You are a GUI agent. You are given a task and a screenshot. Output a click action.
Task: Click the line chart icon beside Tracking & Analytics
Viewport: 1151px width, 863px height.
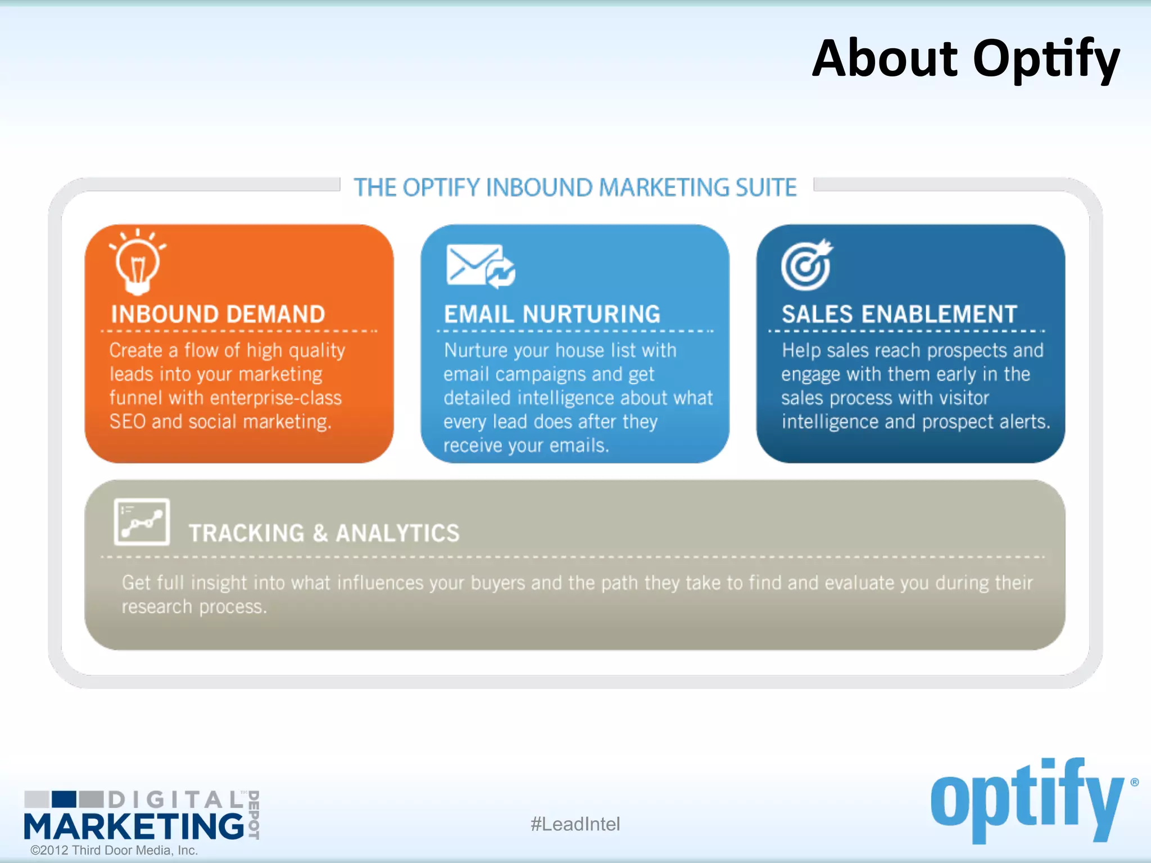[x=142, y=522]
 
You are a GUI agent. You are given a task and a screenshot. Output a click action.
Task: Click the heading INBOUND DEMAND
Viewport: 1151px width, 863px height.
[x=218, y=314]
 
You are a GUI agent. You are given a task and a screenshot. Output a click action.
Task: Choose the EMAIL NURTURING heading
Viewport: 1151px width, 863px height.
[x=552, y=314]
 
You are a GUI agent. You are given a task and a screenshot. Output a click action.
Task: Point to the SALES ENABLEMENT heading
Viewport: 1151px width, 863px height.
[x=899, y=314]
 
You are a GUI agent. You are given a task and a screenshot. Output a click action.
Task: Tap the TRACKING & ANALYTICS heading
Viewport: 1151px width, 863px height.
[x=324, y=533]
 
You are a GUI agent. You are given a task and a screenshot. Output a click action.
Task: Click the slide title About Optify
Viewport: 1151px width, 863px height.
[x=966, y=59]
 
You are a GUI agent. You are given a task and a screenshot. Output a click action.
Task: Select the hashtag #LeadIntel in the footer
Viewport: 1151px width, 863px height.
[x=575, y=824]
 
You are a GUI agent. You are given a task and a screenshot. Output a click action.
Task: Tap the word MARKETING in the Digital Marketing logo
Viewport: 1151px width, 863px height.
[x=134, y=826]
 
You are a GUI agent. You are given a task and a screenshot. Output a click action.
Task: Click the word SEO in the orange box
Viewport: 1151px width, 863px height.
[x=128, y=422]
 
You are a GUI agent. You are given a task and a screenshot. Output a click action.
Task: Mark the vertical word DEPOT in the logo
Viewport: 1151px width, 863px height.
[x=254, y=815]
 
